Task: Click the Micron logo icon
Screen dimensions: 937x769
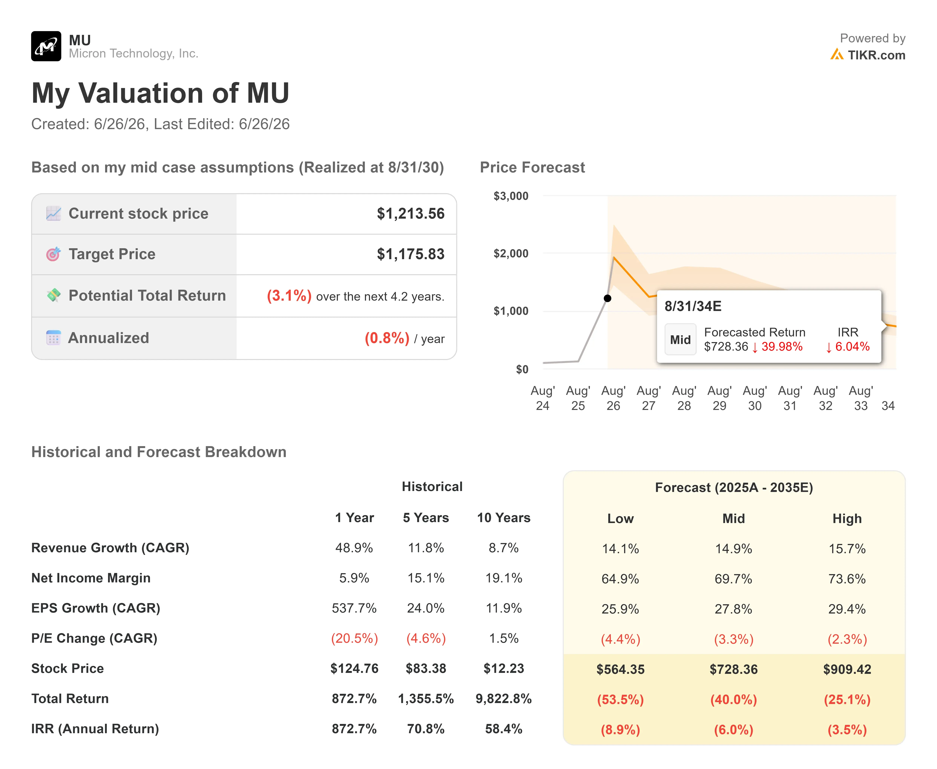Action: point(46,46)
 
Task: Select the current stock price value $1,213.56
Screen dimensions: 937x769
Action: point(410,214)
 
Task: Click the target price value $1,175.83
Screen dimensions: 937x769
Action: point(410,254)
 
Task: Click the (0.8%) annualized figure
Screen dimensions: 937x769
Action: point(387,338)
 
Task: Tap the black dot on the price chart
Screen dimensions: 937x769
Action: point(607,298)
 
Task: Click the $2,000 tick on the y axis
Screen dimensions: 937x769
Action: point(511,253)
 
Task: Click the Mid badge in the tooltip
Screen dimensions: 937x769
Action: point(680,340)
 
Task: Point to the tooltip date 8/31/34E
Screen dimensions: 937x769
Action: point(693,306)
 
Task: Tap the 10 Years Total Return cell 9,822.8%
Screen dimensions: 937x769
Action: point(503,699)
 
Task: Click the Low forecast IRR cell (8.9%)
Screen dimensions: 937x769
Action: point(620,730)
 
